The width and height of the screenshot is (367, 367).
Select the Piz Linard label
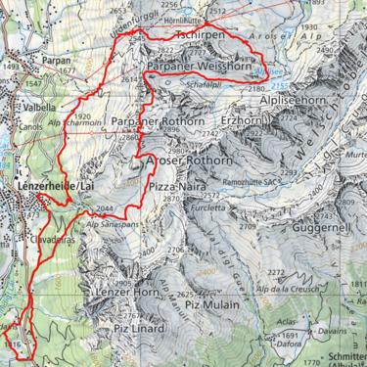click(x=139, y=327)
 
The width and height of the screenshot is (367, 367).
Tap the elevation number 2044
click(x=107, y=208)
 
